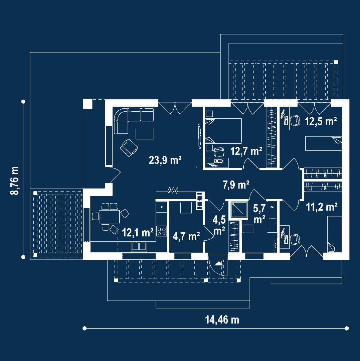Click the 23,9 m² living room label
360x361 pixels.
pos(165,160)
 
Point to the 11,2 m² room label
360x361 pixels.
pos(322,207)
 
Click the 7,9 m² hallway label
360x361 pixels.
pos(236,185)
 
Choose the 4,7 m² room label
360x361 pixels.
pos(186,236)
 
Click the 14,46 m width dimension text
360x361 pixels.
pos(222,320)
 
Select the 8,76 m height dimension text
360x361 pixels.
pos(15,180)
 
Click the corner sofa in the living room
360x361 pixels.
pos(130,119)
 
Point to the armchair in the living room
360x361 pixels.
pos(129,147)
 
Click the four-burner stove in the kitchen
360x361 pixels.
pos(162,231)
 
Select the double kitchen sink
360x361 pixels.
pos(139,247)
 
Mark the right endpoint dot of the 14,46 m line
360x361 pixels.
pos(347,328)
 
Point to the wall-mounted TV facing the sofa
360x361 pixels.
pos(199,135)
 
